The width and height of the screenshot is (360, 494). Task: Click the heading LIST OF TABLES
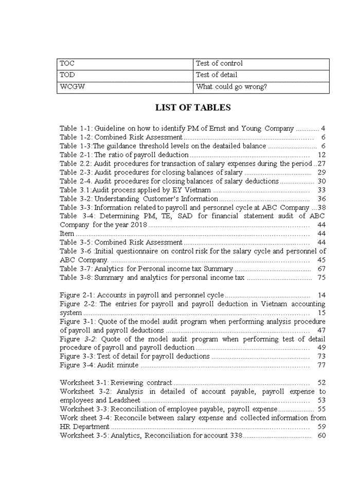tap(193, 108)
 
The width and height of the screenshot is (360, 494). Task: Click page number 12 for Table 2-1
tap(322, 155)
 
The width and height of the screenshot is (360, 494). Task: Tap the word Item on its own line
tap(67, 234)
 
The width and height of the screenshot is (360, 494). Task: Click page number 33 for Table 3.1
tap(322, 190)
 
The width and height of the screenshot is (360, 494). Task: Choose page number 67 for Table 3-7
tap(322, 269)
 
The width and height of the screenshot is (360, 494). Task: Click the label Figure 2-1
tap(77, 295)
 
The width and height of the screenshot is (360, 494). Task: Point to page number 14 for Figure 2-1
tap(322, 295)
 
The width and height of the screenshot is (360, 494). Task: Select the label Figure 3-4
tap(77, 365)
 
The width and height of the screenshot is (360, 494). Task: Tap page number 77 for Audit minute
tap(322, 365)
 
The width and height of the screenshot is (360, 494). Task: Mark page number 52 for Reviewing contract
tap(322, 383)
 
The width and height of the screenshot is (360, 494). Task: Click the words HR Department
tap(84, 427)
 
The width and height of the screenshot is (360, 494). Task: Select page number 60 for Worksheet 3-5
tap(322, 435)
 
